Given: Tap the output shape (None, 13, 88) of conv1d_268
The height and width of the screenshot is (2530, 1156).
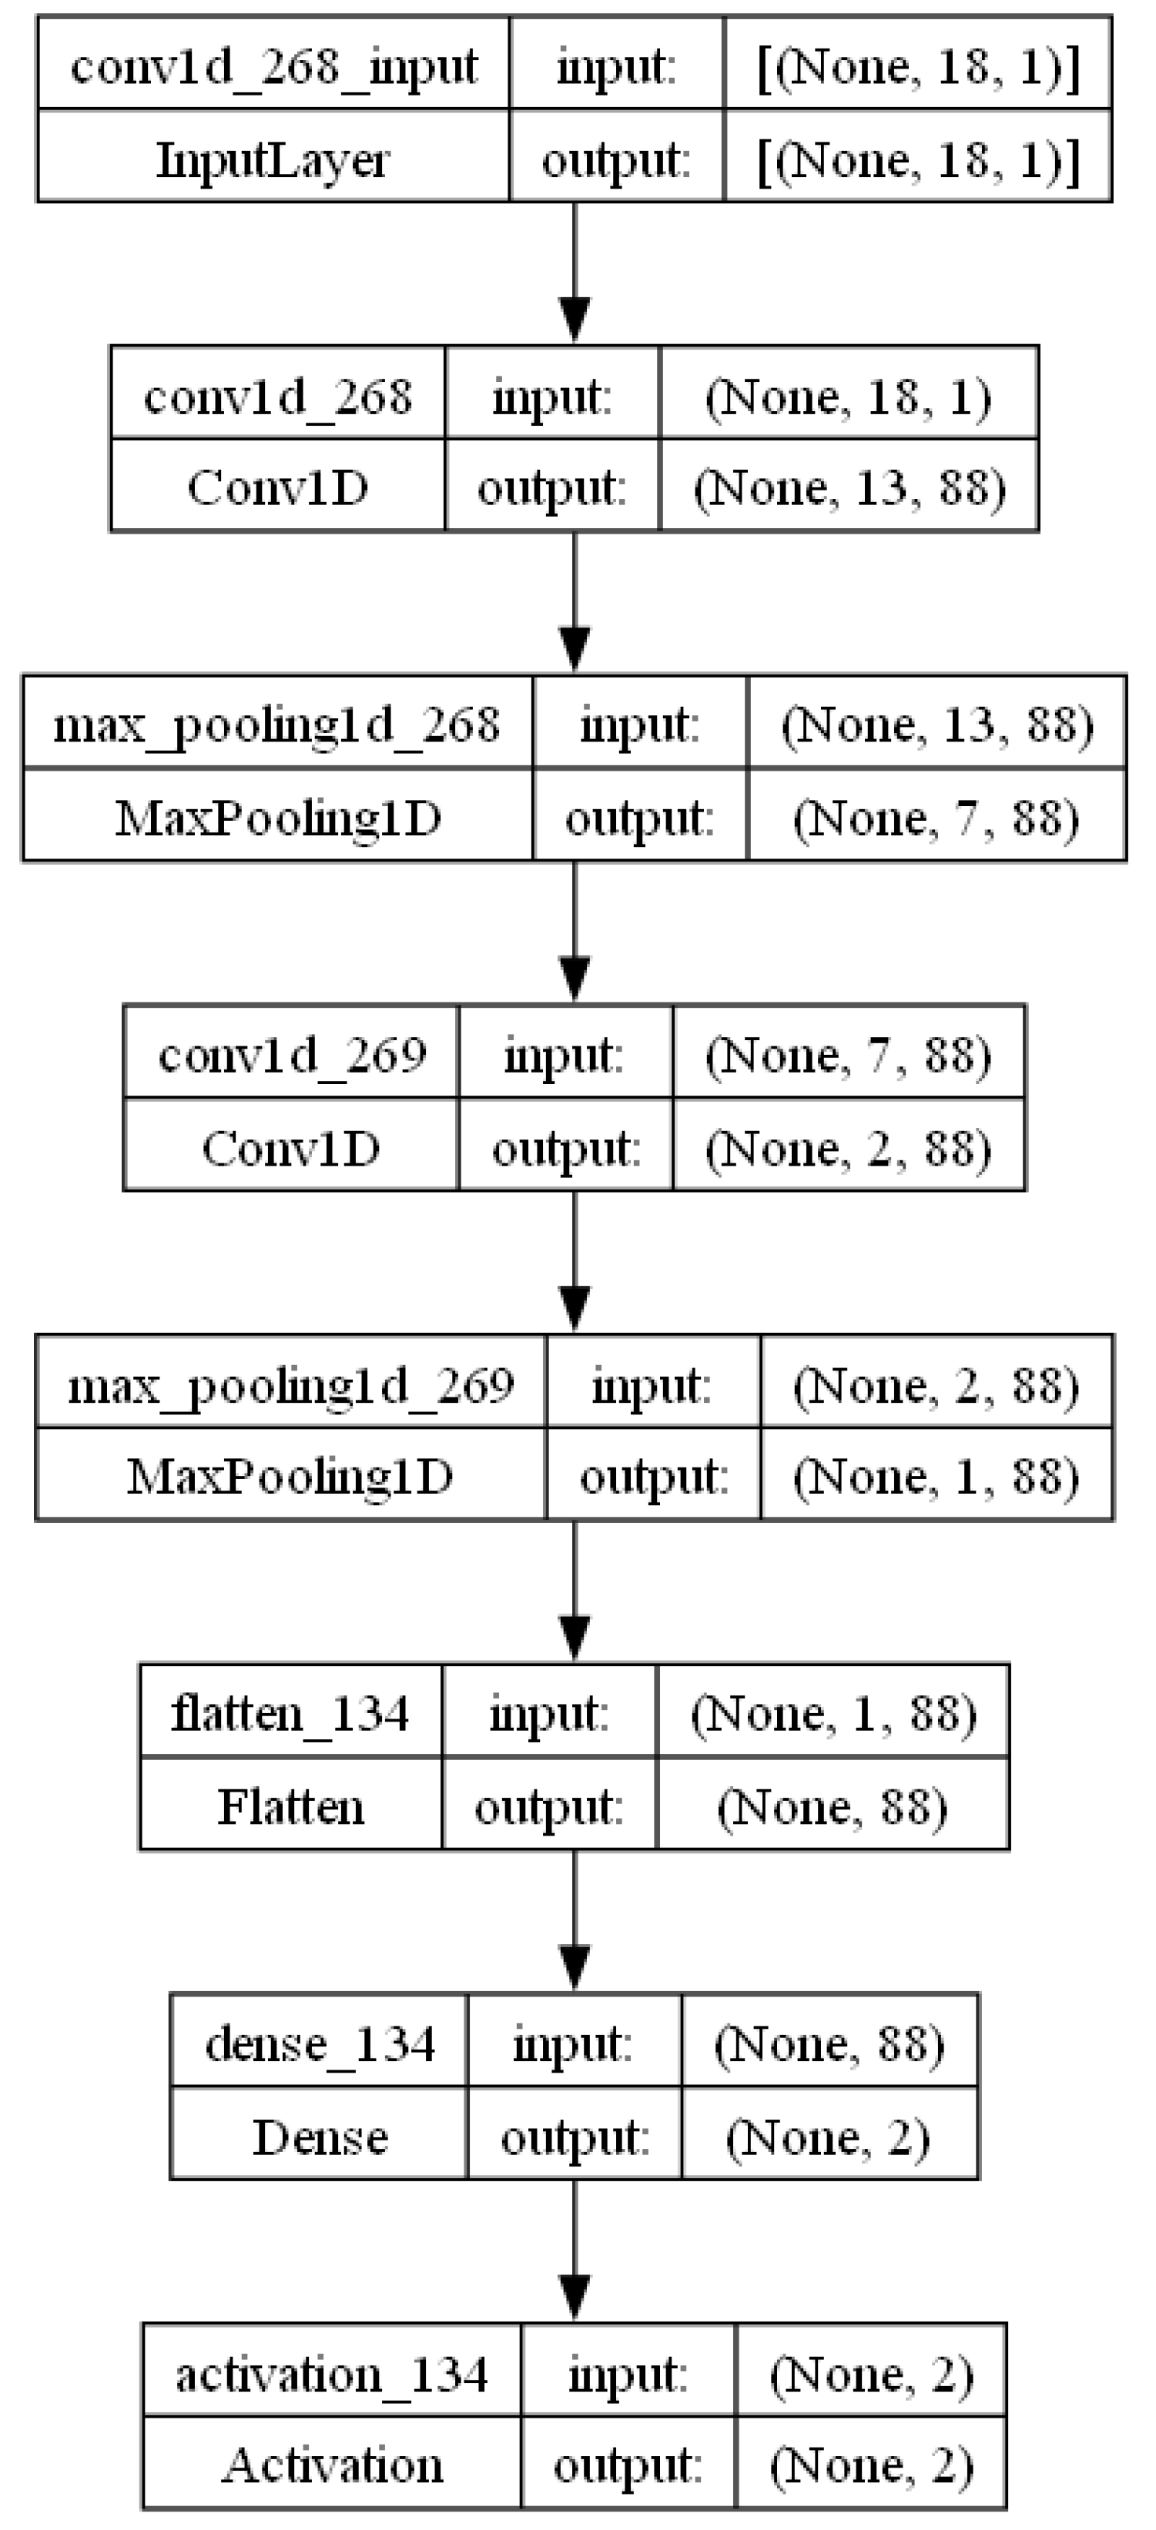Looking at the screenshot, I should (849, 488).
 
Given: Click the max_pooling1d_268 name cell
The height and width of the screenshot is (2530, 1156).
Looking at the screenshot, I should (277, 725).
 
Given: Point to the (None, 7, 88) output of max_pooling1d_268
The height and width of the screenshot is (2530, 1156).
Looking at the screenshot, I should (935, 817).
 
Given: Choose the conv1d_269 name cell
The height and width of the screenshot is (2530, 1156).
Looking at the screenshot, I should (292, 1055).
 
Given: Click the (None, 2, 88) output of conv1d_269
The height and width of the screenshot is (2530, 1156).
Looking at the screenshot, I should (849, 1147).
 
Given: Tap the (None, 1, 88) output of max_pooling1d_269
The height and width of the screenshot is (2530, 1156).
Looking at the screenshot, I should (935, 1476).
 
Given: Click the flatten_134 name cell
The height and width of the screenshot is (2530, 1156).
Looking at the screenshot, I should (290, 1714).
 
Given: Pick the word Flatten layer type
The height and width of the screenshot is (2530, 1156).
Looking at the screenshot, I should (290, 1806).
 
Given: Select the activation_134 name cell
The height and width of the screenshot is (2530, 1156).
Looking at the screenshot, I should (332, 2374).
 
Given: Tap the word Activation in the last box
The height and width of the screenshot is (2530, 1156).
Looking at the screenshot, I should (332, 2465).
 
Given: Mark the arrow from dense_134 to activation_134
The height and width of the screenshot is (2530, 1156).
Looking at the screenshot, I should (575, 2250).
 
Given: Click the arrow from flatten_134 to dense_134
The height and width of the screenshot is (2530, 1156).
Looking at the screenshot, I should (575, 1920).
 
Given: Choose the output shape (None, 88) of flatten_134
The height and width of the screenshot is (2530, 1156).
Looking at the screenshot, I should (832, 1806).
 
